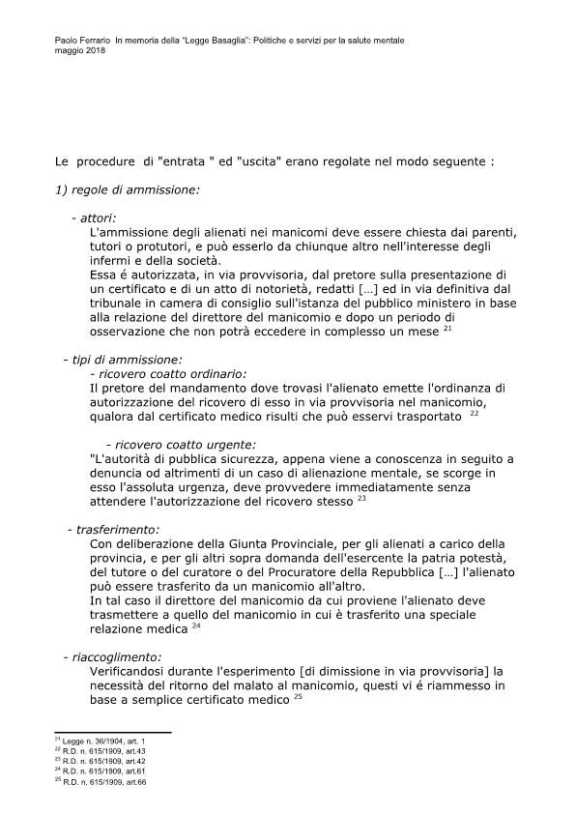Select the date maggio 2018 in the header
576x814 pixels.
click(80, 50)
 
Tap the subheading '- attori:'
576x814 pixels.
click(94, 218)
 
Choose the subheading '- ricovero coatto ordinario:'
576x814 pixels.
click(167, 373)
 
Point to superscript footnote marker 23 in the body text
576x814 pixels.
click(361, 499)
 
